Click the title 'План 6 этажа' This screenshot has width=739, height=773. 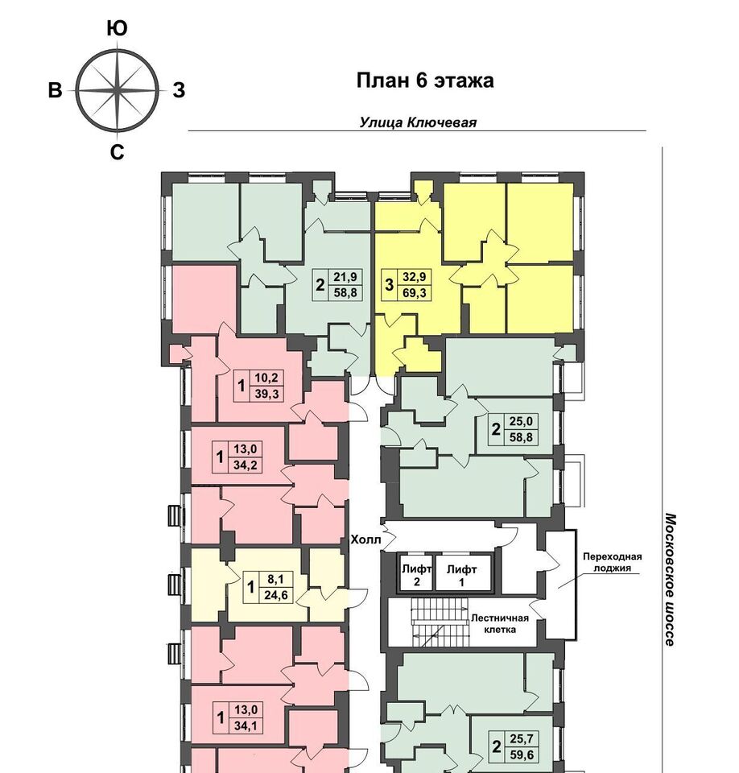tap(425, 81)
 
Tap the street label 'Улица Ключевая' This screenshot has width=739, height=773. tap(418, 122)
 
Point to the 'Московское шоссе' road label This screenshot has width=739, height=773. tap(670, 579)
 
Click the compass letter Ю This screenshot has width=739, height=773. tap(117, 29)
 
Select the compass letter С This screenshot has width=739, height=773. tap(117, 152)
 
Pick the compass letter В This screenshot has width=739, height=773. tap(55, 91)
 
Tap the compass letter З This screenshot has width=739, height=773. tap(179, 90)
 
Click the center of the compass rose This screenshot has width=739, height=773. tap(118, 91)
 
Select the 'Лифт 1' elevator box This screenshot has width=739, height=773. tap(463, 573)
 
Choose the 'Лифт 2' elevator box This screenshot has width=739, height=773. tap(415, 573)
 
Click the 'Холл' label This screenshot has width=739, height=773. tap(365, 539)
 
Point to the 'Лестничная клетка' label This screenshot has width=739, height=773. tap(499, 623)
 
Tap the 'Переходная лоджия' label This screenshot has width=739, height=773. tap(613, 562)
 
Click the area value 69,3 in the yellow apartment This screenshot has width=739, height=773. tap(414, 293)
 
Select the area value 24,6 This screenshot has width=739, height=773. tap(275, 595)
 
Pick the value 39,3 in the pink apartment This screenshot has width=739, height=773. tap(266, 394)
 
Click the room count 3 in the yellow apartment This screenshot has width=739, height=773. tap(389, 285)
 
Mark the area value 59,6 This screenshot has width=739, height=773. tap(522, 754)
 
